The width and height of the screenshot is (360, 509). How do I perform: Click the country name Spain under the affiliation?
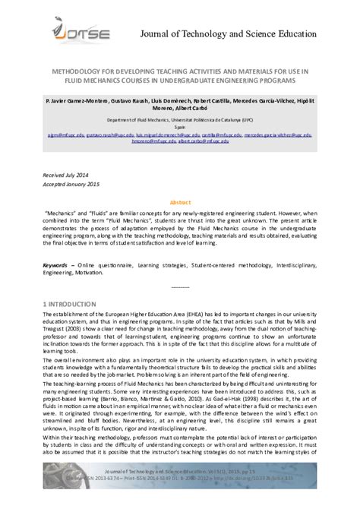[180, 128]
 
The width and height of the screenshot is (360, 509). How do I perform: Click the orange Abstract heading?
[180, 204]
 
